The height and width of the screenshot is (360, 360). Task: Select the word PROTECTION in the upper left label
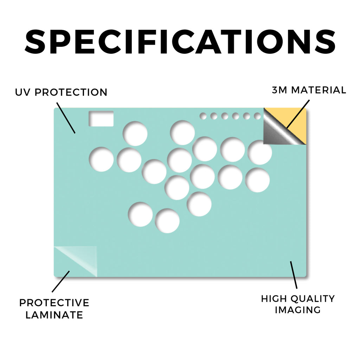coord(71,92)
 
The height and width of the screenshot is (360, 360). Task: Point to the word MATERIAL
coord(319,90)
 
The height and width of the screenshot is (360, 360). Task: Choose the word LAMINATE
coord(54,315)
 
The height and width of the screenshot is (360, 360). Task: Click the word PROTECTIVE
coord(54,303)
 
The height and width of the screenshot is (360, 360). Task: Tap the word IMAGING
coord(298,310)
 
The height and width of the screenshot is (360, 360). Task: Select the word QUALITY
coord(313,299)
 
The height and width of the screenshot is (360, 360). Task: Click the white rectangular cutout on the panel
coord(101,119)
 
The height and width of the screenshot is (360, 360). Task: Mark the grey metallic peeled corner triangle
coord(279,131)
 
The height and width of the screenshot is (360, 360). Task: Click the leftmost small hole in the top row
coord(203,116)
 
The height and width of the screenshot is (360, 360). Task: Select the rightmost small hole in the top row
coord(257,116)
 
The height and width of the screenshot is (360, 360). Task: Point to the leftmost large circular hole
coord(101,159)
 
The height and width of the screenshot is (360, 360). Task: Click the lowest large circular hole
coord(167,221)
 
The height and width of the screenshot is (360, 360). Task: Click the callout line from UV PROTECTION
coord(66,118)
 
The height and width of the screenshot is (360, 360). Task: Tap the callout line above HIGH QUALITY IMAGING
coord(294,275)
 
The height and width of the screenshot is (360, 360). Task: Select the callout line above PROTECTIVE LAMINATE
coord(60,282)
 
